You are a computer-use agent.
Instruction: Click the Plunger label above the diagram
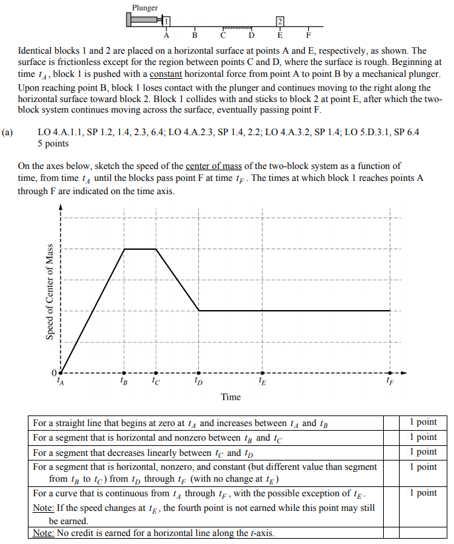[x=145, y=8]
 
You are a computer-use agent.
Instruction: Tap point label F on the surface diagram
[x=308, y=36]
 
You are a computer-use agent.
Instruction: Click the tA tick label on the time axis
[x=61, y=381]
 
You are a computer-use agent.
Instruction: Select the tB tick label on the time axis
[x=124, y=381]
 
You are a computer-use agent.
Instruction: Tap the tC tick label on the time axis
[x=155, y=381]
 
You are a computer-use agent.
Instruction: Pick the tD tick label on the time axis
[x=199, y=381]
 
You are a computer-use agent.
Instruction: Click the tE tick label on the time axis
[x=262, y=381]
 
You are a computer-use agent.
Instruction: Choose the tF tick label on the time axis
[x=390, y=381]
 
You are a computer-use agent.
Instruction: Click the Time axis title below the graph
[x=231, y=397]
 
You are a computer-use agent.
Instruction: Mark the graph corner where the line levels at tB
[x=125, y=249]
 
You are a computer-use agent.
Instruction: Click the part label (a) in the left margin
[x=7, y=133]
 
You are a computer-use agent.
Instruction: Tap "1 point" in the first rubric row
[x=423, y=422]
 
